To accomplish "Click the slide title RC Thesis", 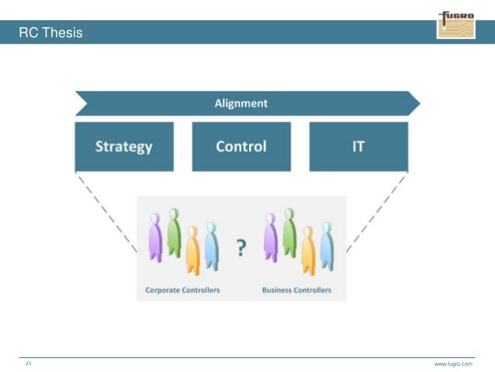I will pyautogui.click(x=51, y=33).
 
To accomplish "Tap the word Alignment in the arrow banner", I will pyautogui.click(x=241, y=103).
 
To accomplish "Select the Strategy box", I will pyautogui.click(x=123, y=146).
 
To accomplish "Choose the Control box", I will pyautogui.click(x=241, y=146).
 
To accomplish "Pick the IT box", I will pyautogui.click(x=358, y=146).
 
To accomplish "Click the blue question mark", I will pyautogui.click(x=241, y=248).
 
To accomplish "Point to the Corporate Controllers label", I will pyautogui.click(x=182, y=290).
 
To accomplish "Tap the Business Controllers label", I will pyautogui.click(x=297, y=290).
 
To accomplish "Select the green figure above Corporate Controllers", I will pyautogui.click(x=174, y=231).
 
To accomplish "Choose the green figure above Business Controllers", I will pyautogui.click(x=289, y=231).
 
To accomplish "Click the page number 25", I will pyautogui.click(x=29, y=363).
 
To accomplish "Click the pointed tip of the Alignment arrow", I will pyautogui.click(x=417, y=103).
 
